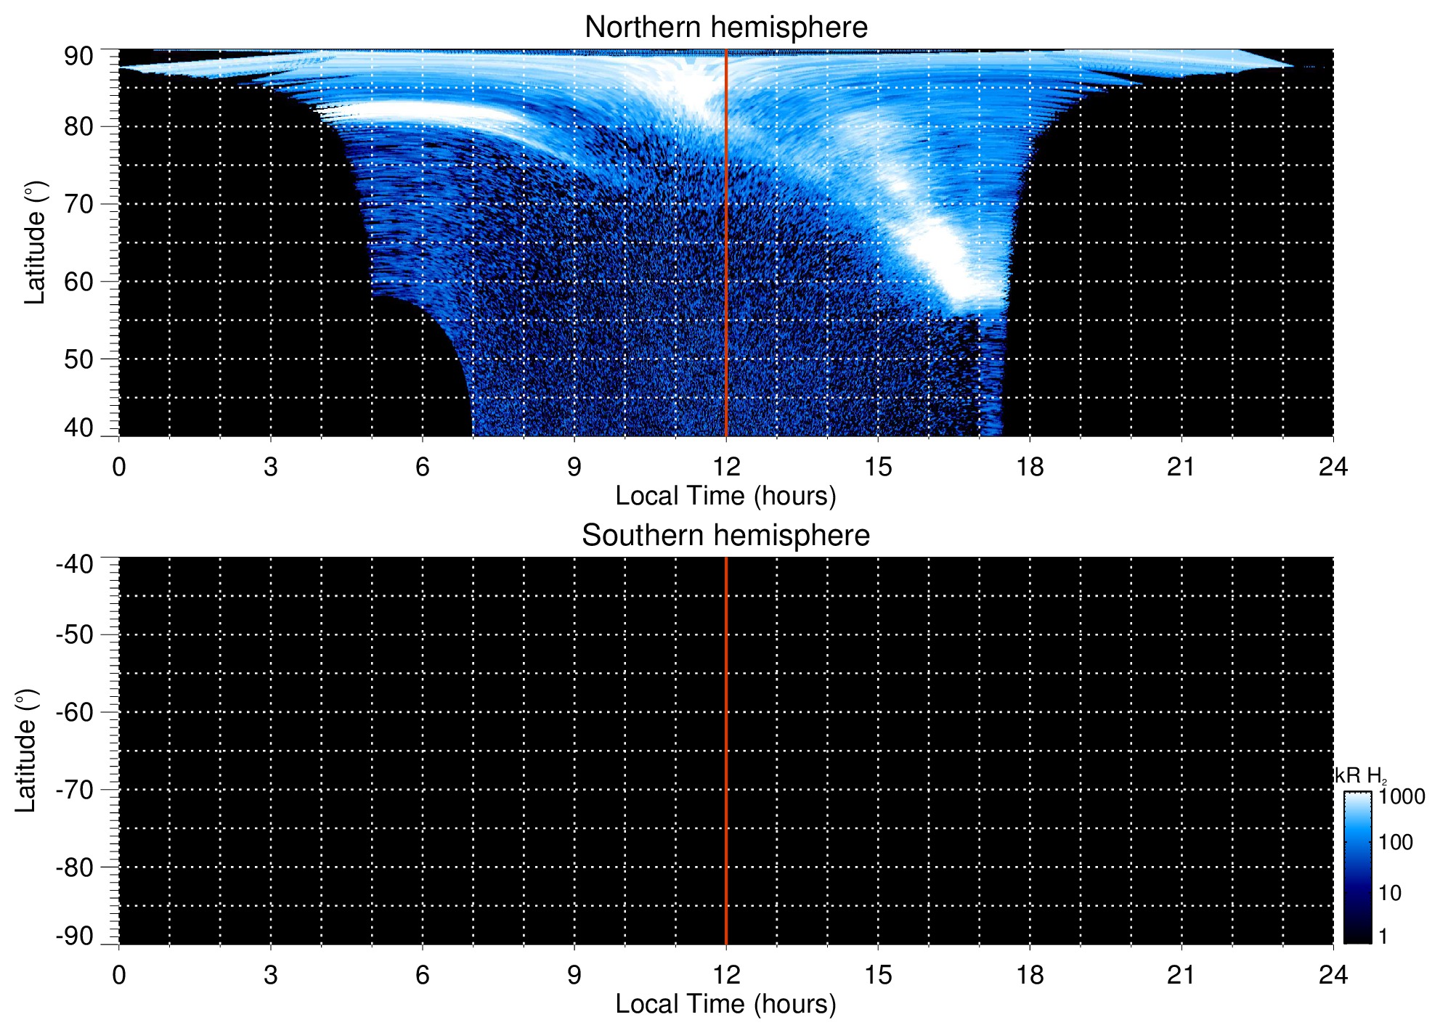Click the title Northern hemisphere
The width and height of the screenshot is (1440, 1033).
click(725, 28)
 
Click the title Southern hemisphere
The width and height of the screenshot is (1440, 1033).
click(725, 536)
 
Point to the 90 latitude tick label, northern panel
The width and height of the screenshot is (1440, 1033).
click(78, 57)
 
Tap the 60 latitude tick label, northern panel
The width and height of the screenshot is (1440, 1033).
click(78, 282)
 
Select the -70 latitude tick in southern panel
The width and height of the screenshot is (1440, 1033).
click(75, 790)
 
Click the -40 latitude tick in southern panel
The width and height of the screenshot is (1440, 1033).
click(75, 564)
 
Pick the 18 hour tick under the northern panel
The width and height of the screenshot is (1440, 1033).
click(1030, 467)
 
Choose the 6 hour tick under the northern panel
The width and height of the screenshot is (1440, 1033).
click(423, 467)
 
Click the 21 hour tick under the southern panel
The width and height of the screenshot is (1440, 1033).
click(1181, 975)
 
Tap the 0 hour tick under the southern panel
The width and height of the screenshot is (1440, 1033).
click(119, 975)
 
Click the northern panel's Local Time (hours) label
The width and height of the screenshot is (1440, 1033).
click(725, 497)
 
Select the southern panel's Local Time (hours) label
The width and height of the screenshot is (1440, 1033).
click(725, 1005)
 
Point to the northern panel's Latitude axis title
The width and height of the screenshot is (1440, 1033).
click(35, 242)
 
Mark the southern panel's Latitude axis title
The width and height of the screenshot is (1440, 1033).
click(26, 751)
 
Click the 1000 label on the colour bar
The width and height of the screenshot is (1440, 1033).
click(1402, 797)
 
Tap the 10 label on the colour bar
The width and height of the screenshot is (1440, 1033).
click(1391, 894)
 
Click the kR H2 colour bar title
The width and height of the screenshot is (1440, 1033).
click(1360, 776)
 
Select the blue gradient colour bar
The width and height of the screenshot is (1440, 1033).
click(1357, 867)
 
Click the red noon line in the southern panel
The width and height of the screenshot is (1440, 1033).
click(726, 751)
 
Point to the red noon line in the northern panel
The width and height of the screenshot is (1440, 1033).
click(726, 242)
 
